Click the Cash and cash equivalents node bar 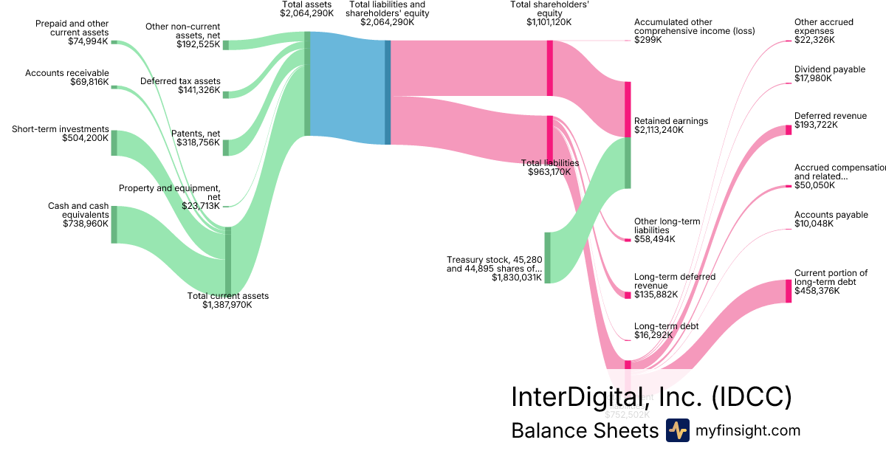114,224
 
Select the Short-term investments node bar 114,142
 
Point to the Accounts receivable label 67,73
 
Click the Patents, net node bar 226,148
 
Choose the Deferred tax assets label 180,81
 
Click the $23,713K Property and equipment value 201,205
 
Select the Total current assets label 228,296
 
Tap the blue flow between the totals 347,89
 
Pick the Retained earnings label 671,121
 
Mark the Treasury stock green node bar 548,258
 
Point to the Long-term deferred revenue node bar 628,295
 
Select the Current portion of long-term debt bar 788,291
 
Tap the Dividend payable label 830,69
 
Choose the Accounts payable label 831,215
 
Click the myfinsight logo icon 677,430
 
